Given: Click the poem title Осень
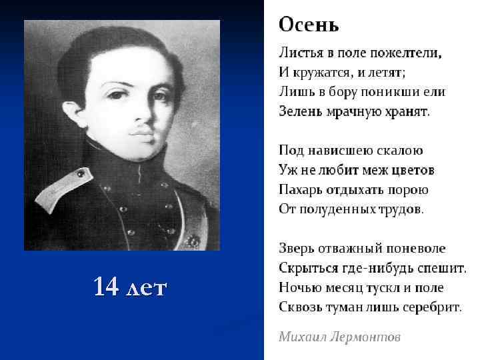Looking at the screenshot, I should pos(309,25).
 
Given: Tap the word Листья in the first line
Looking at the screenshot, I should pos(298,51).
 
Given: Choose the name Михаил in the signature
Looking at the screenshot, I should pos(301,337).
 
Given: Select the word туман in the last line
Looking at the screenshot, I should pos(351,307).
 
